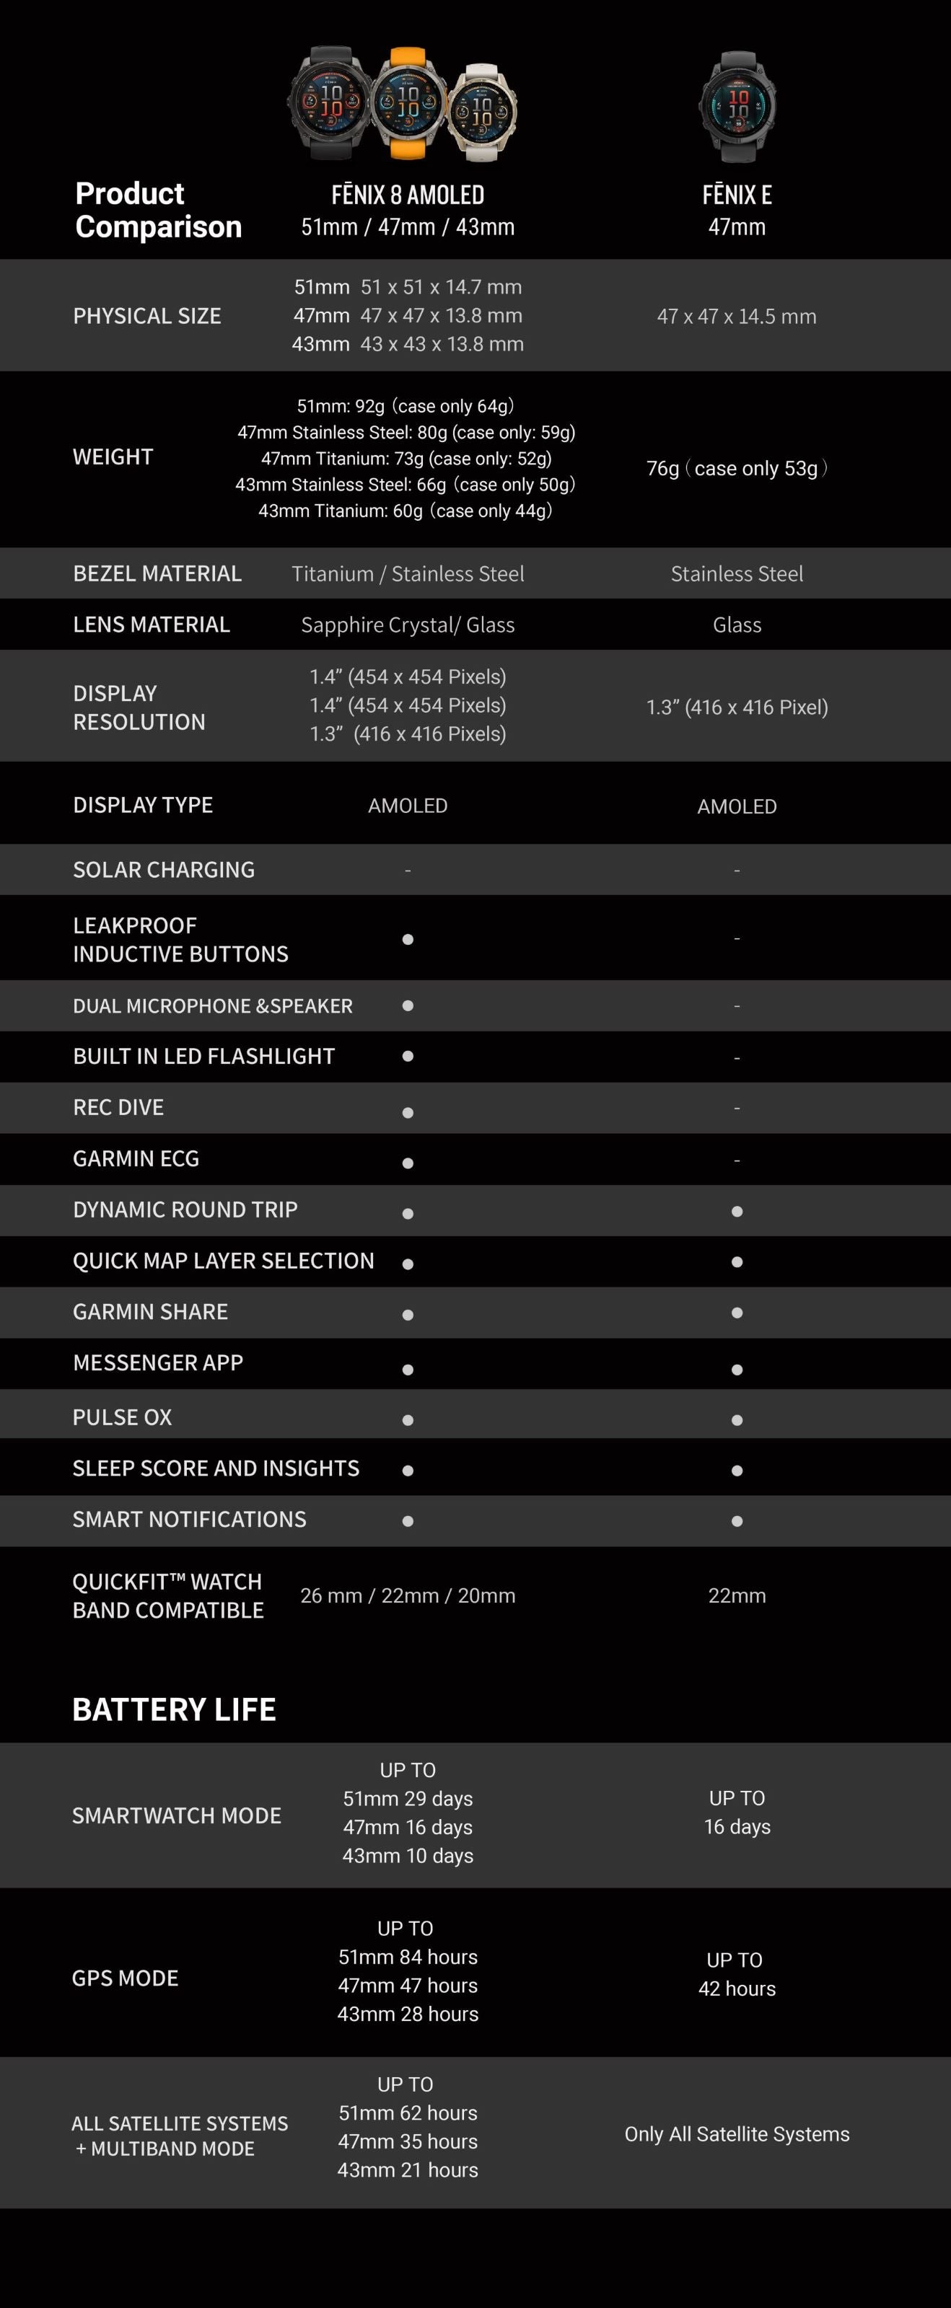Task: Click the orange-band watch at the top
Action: pyautogui.click(x=408, y=103)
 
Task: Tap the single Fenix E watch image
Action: pyautogui.click(x=737, y=106)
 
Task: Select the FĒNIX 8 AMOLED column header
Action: pyautogui.click(x=408, y=195)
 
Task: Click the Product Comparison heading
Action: pyautogui.click(x=158, y=210)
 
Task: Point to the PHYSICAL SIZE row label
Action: pyautogui.click(x=147, y=317)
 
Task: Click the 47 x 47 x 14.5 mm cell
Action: pyautogui.click(x=736, y=317)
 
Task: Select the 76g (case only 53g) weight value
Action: pyautogui.click(x=736, y=469)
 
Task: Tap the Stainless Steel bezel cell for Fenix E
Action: pyautogui.click(x=737, y=574)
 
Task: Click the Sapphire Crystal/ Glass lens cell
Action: pyautogui.click(x=408, y=625)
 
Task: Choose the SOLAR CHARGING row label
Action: pyautogui.click(x=164, y=870)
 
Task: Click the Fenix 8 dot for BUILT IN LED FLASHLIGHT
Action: pyautogui.click(x=408, y=1057)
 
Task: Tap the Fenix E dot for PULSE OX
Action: pyautogui.click(x=737, y=1420)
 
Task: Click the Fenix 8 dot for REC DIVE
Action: pyautogui.click(x=408, y=1113)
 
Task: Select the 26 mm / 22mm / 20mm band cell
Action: pyautogui.click(x=408, y=1595)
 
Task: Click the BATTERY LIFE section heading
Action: pyautogui.click(x=174, y=1709)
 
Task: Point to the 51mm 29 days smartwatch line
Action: pyautogui.click(x=408, y=1798)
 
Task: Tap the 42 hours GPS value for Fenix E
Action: pyautogui.click(x=737, y=1988)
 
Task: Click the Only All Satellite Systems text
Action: pyautogui.click(x=737, y=2134)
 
